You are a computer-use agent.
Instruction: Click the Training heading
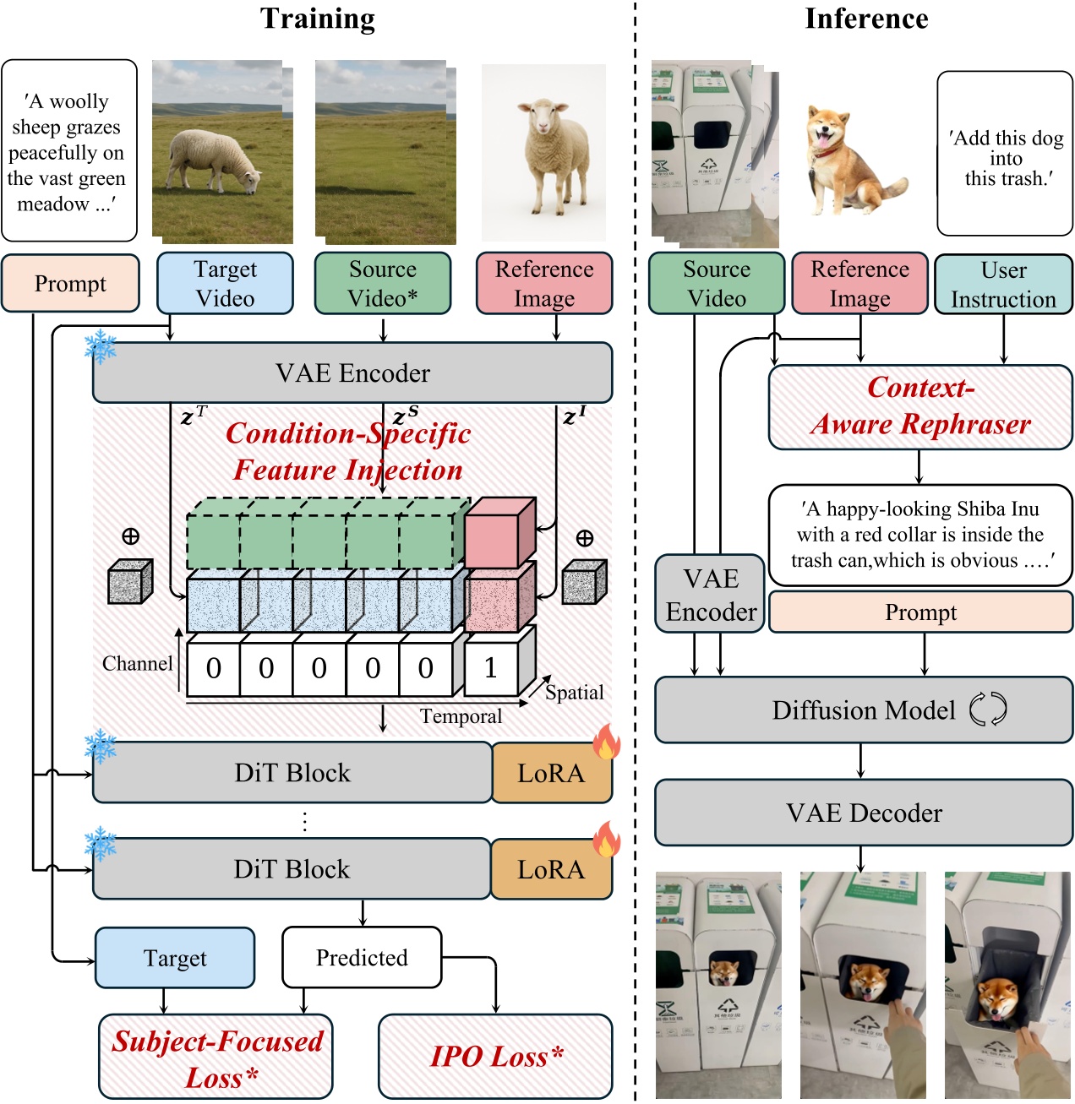(x=317, y=19)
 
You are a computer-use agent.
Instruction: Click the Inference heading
(x=865, y=19)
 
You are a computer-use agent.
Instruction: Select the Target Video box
(x=225, y=284)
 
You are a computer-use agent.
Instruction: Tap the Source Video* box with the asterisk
(x=383, y=284)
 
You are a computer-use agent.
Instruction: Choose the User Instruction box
(x=1003, y=285)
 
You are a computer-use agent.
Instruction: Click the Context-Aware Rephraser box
(x=919, y=406)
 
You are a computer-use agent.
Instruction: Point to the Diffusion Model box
(x=864, y=710)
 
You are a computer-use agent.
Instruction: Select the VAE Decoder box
(x=864, y=813)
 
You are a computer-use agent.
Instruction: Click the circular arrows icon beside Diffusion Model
(x=987, y=710)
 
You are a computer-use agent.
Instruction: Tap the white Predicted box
(x=362, y=957)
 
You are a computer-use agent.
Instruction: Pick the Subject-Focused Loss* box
(x=216, y=1058)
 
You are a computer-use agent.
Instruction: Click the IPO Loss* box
(x=495, y=1057)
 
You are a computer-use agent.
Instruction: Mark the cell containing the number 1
(x=490, y=668)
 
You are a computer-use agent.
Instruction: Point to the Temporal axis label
(x=461, y=716)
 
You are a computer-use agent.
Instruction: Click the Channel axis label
(x=137, y=664)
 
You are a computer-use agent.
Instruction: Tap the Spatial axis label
(x=574, y=693)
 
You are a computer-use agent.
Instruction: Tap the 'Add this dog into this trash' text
(x=1005, y=158)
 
